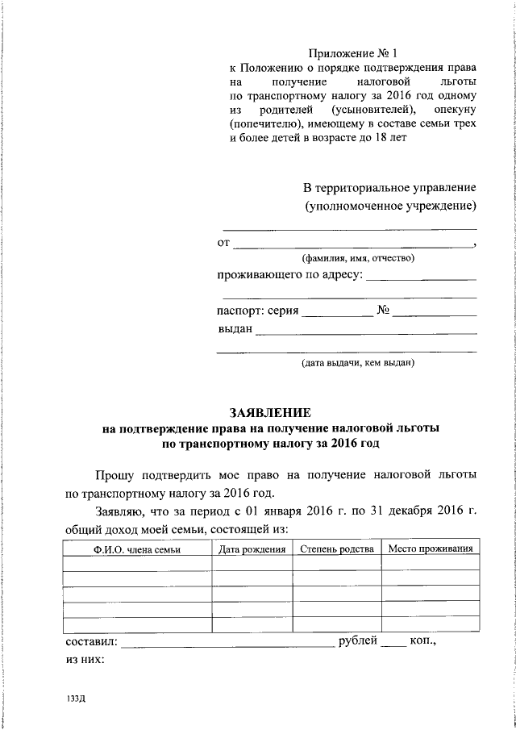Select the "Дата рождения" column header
(x=252, y=549)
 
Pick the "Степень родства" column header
(x=336, y=549)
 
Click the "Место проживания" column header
(x=430, y=549)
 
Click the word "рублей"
(x=357, y=642)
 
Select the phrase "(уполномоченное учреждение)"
(x=389, y=206)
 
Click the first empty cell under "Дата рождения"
(x=252, y=564)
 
